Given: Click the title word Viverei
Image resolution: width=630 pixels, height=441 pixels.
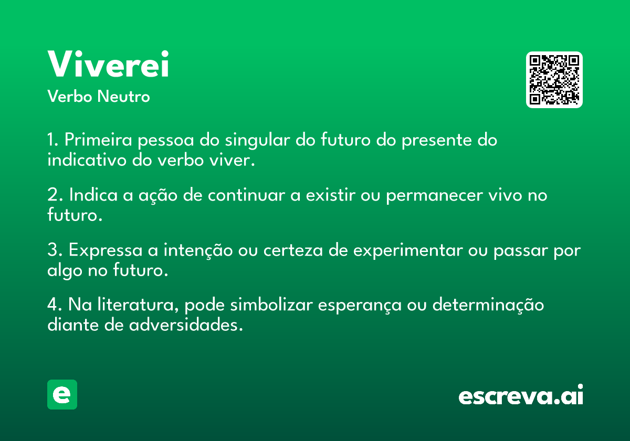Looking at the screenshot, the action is pyautogui.click(x=108, y=64).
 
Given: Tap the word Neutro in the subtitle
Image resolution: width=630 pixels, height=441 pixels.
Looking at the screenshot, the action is pyautogui.click(x=123, y=97).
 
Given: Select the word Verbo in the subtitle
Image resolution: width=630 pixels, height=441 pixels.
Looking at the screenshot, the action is pyautogui.click(x=70, y=96).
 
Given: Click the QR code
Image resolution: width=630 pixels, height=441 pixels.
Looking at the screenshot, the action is pyautogui.click(x=554, y=80).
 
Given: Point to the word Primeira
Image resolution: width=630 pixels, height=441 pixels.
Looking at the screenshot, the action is pyautogui.click(x=98, y=140).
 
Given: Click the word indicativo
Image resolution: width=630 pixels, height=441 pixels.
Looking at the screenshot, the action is pyautogui.click(x=87, y=160).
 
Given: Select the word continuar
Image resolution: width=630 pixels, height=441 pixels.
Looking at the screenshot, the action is pyautogui.click(x=246, y=194).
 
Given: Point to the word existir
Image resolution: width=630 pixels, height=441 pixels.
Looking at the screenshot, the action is pyautogui.click(x=330, y=194).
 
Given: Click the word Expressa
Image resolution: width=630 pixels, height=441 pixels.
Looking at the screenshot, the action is pyautogui.click(x=106, y=250).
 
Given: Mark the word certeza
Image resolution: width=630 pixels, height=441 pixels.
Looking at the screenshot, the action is pyautogui.click(x=293, y=250).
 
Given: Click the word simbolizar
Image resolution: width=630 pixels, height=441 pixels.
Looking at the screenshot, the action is pyautogui.click(x=271, y=304).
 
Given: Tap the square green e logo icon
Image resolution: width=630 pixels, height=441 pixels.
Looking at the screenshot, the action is pyautogui.click(x=62, y=394).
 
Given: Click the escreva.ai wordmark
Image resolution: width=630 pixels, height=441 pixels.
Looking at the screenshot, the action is pyautogui.click(x=521, y=394).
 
